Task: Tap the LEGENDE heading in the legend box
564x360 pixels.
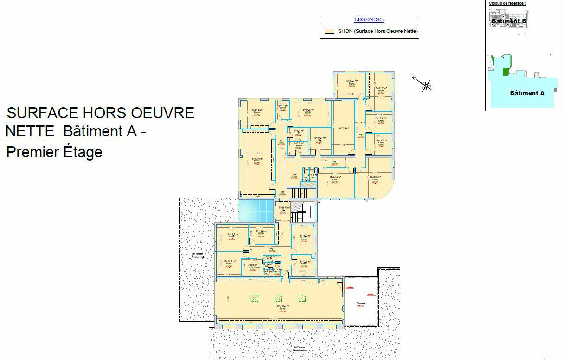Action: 369,20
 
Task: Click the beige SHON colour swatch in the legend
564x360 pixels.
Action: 330,32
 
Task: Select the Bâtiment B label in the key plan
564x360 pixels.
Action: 508,21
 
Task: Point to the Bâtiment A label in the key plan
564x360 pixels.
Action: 527,93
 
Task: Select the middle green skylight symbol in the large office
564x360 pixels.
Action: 278,298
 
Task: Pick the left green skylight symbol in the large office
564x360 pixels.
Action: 254,298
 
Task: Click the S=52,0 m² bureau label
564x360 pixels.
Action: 257,159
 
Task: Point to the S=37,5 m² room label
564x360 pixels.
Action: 343,129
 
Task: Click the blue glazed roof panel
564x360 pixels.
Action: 255,211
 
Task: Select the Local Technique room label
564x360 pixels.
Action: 252,266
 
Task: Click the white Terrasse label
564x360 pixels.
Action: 360,304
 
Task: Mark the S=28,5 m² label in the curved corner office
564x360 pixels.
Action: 375,177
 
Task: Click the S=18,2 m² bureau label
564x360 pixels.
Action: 304,236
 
